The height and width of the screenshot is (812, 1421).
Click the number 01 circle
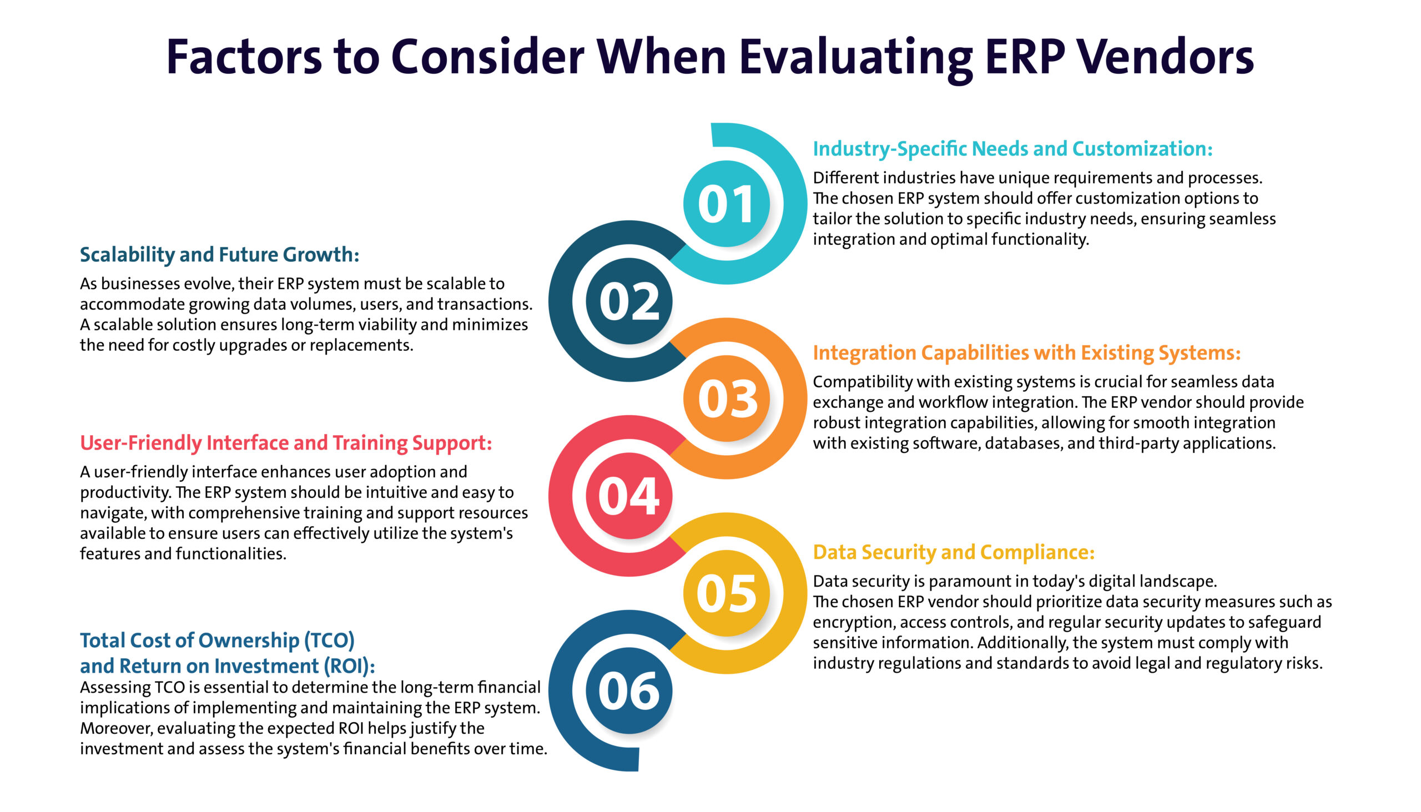click(726, 204)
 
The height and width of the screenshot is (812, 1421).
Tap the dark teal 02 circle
click(629, 301)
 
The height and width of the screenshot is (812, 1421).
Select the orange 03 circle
click(726, 398)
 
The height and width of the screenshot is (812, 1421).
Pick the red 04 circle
click(629, 496)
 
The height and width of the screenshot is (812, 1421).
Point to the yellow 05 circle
click(726, 593)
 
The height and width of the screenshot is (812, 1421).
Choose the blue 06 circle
click(629, 690)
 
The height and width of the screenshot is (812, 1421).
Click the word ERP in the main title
click(1025, 57)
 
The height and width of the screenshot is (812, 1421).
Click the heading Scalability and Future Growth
click(219, 255)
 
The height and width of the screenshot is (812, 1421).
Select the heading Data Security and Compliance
click(954, 552)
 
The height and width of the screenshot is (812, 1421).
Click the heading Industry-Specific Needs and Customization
click(1013, 149)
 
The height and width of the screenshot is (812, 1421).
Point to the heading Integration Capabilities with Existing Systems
click(1027, 353)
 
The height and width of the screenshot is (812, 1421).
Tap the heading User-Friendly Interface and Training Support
click(286, 443)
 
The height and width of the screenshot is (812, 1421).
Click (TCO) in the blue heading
click(329, 641)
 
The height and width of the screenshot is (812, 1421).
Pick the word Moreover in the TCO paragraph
click(116, 728)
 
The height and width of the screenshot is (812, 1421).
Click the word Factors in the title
click(244, 57)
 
